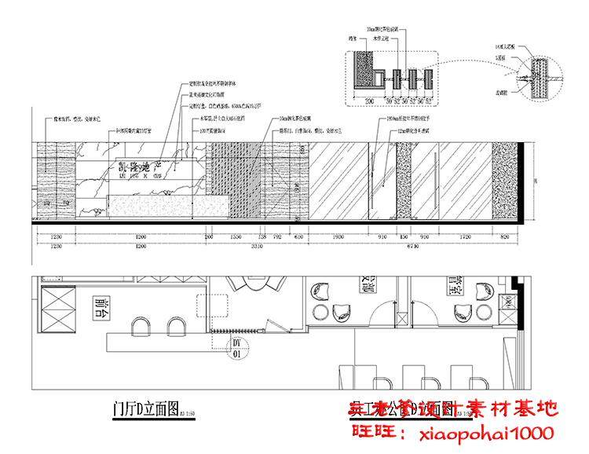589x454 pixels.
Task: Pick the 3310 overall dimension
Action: (246, 247)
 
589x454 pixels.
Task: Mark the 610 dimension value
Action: (298, 236)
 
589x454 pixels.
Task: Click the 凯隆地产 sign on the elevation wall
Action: (141, 167)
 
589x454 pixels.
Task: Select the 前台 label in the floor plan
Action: (100, 308)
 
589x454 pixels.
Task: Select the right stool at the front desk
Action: (174, 328)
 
